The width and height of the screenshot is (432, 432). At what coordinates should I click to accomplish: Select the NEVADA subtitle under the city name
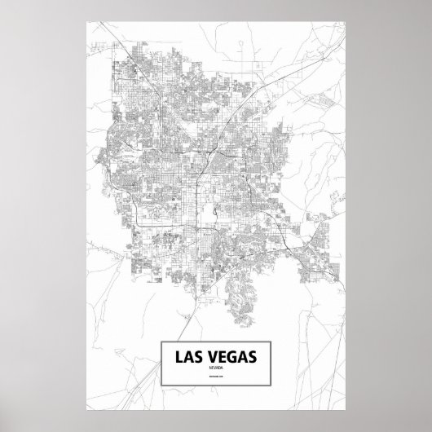pos(215,369)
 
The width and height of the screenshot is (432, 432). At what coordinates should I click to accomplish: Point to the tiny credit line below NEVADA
pos(215,379)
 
